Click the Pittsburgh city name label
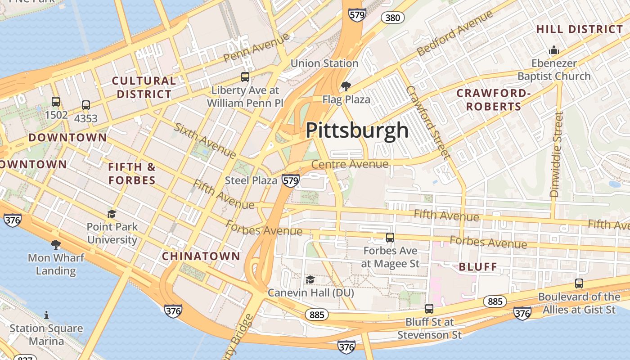click(357, 130)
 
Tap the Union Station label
click(324, 63)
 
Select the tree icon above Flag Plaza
click(346, 86)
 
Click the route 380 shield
click(392, 18)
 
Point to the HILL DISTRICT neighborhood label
click(580, 30)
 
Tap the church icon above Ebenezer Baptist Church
click(553, 50)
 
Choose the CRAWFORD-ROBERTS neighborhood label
click(494, 100)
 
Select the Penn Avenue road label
click(256, 47)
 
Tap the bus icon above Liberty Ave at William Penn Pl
click(245, 77)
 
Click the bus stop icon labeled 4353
click(86, 106)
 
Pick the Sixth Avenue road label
click(205, 140)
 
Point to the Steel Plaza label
click(251, 180)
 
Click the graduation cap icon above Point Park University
click(112, 214)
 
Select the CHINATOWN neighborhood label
click(201, 256)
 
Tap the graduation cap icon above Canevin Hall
click(310, 280)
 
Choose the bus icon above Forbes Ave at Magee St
click(390, 238)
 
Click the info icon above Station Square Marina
click(46, 315)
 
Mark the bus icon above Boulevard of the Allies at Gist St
click(579, 283)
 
